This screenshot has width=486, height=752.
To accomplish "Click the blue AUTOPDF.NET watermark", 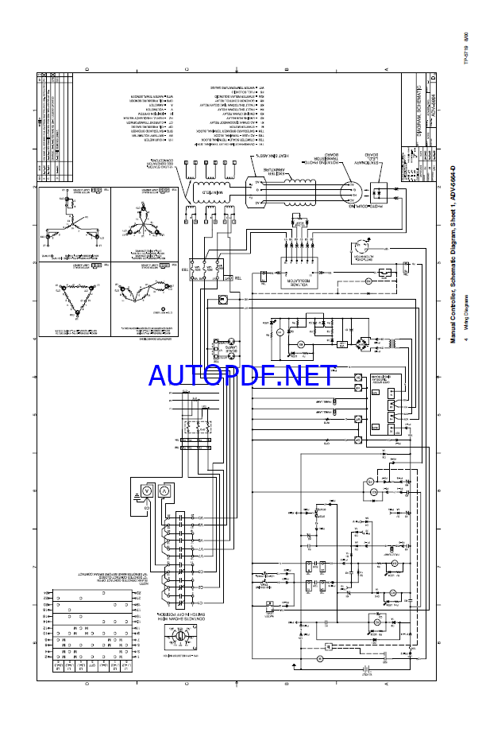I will (x=242, y=374).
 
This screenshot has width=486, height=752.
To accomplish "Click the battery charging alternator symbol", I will (x=361, y=246).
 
